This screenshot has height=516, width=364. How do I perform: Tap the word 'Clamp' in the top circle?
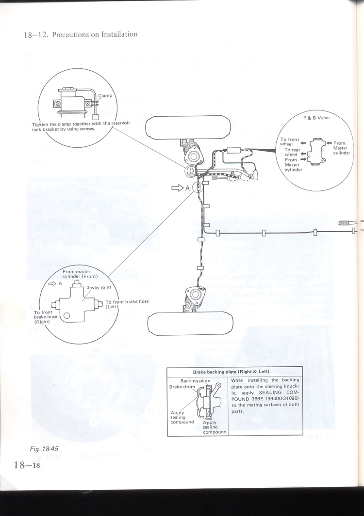[x=105, y=95]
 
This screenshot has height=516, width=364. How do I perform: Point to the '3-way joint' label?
[x=99, y=287]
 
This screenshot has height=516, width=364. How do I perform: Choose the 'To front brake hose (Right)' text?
[x=46, y=317]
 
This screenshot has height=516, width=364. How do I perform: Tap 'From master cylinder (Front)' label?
[x=80, y=274]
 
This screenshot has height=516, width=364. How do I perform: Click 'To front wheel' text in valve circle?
[x=290, y=142]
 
